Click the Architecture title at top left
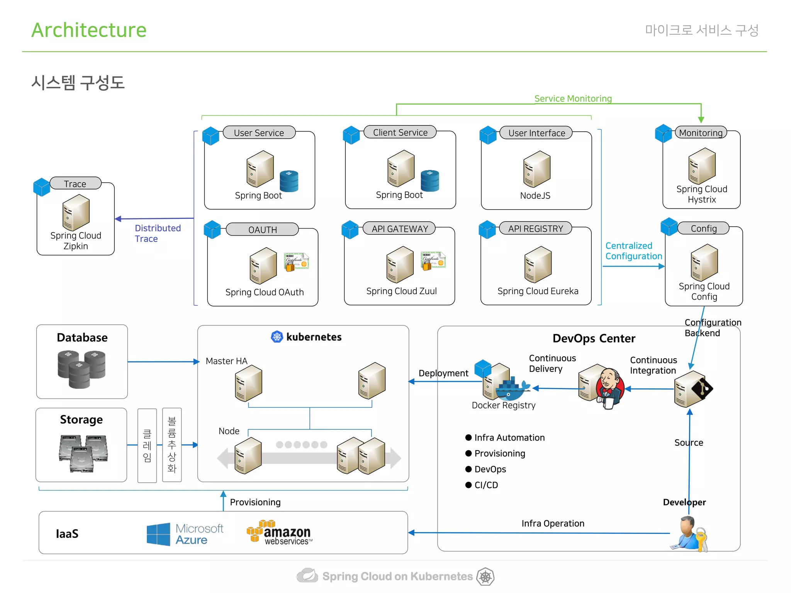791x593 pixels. coord(89,30)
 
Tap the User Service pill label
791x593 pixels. coord(259,133)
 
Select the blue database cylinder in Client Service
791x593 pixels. coord(430,181)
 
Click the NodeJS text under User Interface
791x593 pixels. coord(535,196)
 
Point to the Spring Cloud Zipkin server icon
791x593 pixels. coord(76,212)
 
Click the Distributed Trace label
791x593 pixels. coord(158,234)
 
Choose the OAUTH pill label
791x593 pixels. coord(262,230)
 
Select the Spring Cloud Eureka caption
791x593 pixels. coord(538,291)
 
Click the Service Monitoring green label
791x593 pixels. coord(573,99)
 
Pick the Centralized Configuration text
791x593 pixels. coord(633,251)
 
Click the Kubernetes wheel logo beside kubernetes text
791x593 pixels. coord(277,337)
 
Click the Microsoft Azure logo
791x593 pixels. coord(185,534)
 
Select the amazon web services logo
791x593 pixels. coord(280,533)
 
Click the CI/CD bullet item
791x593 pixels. coord(485,485)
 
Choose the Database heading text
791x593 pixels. coord(82,337)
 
